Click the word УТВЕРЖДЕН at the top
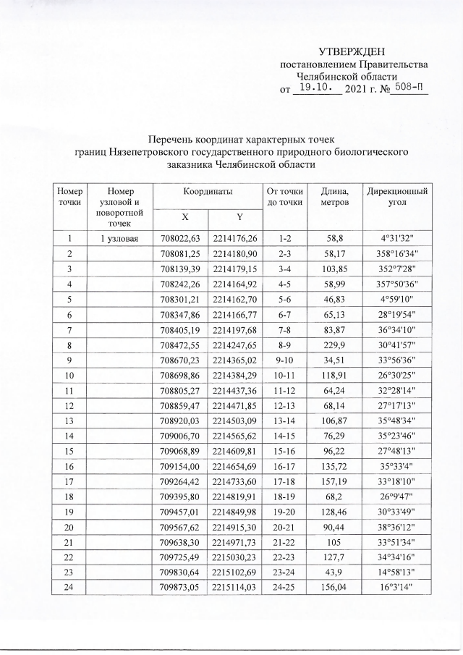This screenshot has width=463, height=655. (x=352, y=52)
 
